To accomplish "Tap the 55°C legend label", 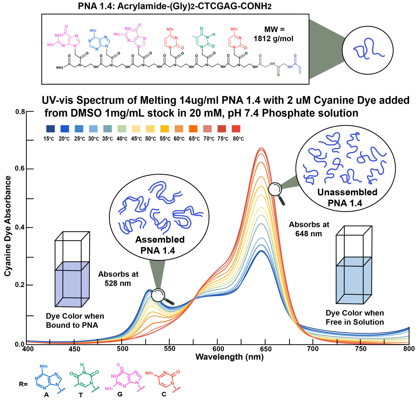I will click(165, 139).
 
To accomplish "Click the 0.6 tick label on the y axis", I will click(20, 169).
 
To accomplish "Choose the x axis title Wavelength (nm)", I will click(229, 357).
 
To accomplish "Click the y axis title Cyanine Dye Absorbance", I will click(8, 226).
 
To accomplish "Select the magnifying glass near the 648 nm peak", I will click(275, 189).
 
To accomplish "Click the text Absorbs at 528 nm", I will click(118, 278).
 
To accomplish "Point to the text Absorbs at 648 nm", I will click(309, 229).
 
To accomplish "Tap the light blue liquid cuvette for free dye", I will click(354, 280).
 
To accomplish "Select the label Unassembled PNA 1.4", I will click(347, 197).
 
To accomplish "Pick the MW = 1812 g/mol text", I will click(274, 34).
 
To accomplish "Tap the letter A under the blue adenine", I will click(46, 395).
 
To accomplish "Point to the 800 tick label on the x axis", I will click(408, 349).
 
